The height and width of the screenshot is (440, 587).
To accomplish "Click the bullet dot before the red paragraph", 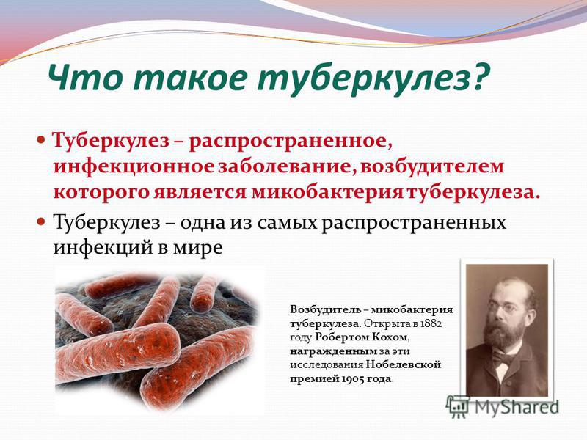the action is tap(41, 141).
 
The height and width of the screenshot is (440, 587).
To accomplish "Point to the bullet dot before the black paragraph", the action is tap(41, 221).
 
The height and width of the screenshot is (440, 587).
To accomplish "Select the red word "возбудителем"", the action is tap(432, 166).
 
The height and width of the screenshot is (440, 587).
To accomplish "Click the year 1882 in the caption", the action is tap(431, 323).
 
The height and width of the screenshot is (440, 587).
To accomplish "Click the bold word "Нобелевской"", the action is tap(403, 364).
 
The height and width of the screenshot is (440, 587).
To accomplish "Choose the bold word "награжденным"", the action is tap(334, 351).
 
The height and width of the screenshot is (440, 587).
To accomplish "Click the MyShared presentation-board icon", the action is tap(457, 407).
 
